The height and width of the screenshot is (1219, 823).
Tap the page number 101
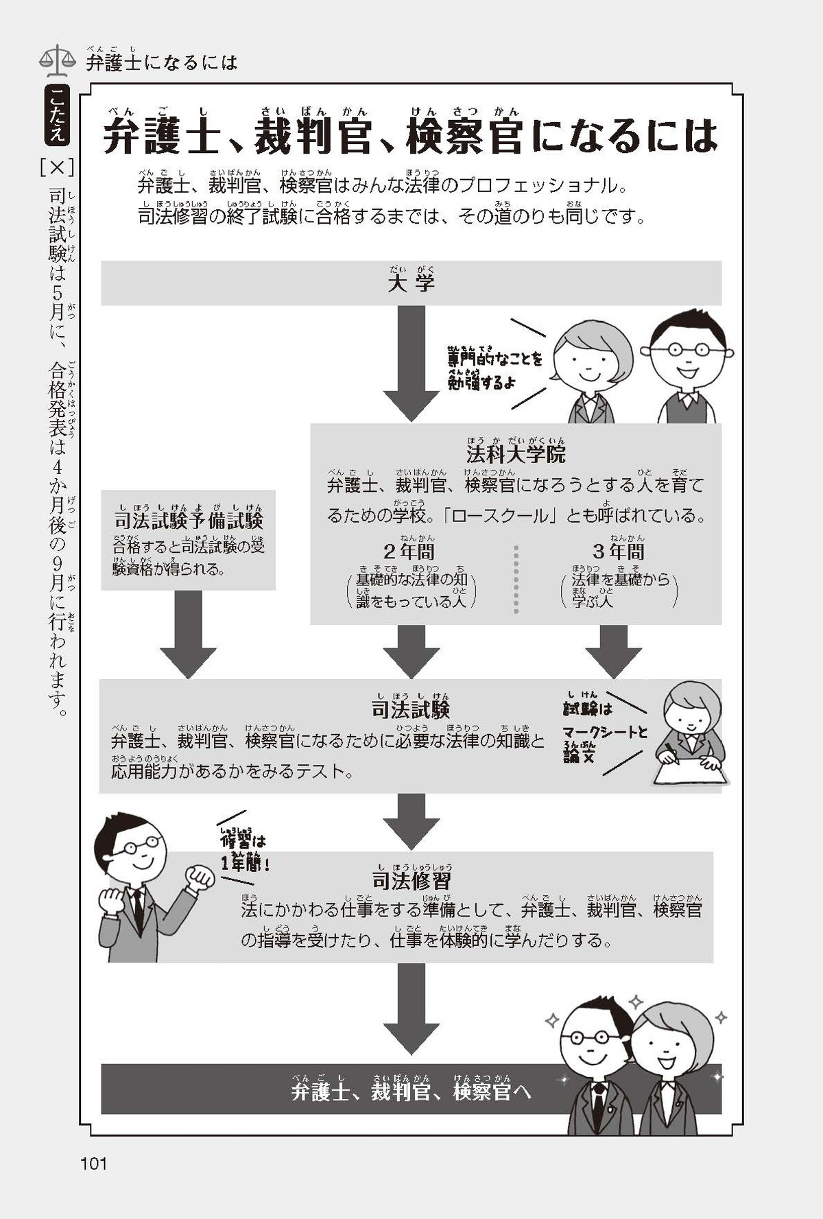(93, 1163)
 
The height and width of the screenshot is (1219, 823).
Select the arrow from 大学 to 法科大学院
(411, 364)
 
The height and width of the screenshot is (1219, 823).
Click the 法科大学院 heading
(516, 454)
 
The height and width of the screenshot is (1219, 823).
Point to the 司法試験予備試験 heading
(189, 521)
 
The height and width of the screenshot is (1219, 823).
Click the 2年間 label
(409, 552)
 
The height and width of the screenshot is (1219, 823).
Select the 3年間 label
(619, 552)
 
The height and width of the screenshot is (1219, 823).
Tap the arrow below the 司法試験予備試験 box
(189, 635)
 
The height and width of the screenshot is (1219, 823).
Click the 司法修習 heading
(411, 880)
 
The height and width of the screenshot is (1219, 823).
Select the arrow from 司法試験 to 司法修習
(411, 821)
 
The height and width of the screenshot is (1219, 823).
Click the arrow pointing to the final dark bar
(411, 1008)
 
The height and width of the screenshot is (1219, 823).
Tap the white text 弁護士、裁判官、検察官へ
(411, 1091)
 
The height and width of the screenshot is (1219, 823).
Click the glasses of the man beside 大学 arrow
(688, 348)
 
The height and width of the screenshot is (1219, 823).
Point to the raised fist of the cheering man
(201, 877)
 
